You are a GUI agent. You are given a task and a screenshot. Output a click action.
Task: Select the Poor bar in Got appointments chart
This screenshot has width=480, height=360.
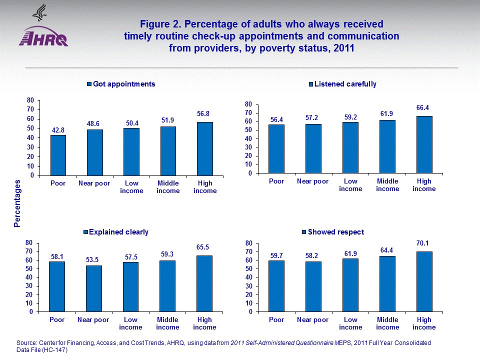pos(58,155)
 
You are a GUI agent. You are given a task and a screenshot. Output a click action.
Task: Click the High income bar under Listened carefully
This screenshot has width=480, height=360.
pos(424,145)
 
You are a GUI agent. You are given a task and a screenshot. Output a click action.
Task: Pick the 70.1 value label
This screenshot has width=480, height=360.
pos(424,243)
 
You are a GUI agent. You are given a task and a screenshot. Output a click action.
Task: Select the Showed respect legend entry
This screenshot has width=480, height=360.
pos(332,232)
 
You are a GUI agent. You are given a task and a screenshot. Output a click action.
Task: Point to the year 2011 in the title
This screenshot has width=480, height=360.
pos(343,48)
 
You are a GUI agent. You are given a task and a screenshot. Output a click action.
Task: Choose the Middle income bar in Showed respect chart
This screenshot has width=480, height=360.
pos(387,284)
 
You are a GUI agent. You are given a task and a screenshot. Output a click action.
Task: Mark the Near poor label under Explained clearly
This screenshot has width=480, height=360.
pos(93,320)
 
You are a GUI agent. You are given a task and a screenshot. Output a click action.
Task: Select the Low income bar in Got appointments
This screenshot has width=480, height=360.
pos(131,152)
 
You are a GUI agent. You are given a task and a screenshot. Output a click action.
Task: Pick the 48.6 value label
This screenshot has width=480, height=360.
pos(95,121)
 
